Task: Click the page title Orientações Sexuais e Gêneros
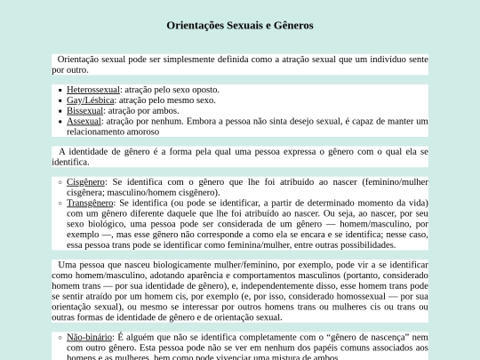[x=240, y=25]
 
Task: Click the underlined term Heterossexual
[x=92, y=90]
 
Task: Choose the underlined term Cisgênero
[x=86, y=181]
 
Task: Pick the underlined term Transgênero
[x=92, y=203]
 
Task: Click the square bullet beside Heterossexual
[x=59, y=90]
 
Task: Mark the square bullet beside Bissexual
[x=59, y=111]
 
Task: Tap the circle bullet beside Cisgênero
[x=59, y=181]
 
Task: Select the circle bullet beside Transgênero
[x=59, y=203]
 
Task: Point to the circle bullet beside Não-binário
[x=59, y=337]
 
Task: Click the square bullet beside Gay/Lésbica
[x=59, y=100]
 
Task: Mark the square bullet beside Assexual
[x=59, y=121]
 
